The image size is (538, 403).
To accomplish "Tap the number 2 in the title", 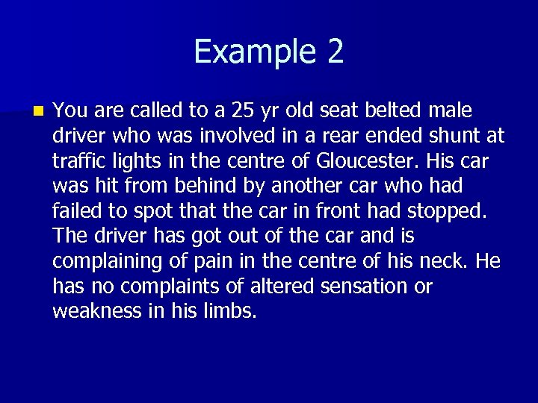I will (x=335, y=51).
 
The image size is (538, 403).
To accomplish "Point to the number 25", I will (x=243, y=111).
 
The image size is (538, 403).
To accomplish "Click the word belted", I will (x=395, y=111).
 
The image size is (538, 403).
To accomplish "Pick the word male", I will (x=451, y=111).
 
